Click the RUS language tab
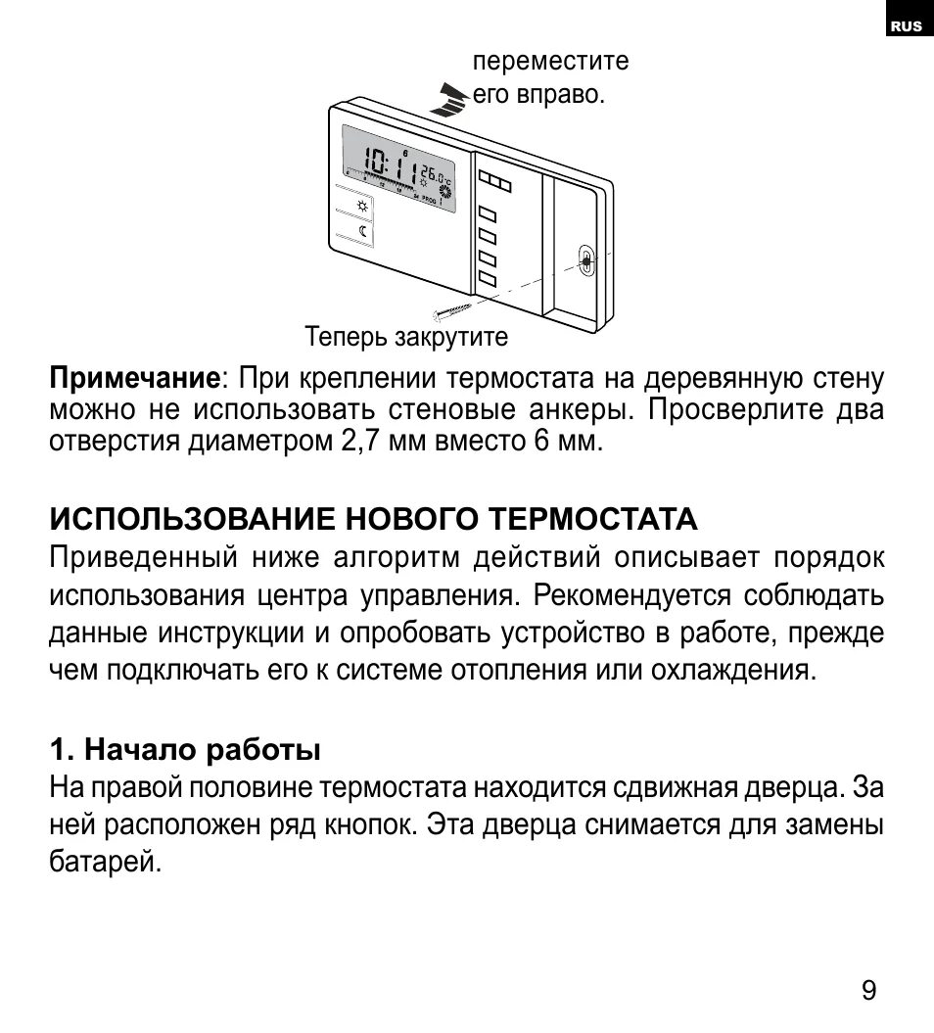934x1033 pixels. tap(907, 26)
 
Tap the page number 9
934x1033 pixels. tap(868, 990)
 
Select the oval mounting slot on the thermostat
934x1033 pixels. tap(584, 261)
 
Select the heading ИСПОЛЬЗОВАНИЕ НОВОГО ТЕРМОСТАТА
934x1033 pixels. tap(374, 517)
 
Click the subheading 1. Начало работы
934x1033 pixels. tap(186, 751)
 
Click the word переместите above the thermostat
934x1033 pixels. tap(551, 62)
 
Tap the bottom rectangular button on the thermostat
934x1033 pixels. tap(487, 280)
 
